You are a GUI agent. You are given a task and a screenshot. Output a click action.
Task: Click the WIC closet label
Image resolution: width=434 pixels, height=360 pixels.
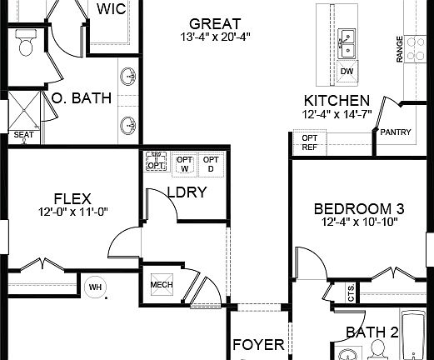(x=113, y=9)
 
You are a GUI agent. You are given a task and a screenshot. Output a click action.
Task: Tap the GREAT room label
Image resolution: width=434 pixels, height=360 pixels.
(x=214, y=23)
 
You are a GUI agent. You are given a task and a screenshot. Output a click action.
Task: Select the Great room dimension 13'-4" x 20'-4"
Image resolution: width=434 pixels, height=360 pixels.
(x=214, y=37)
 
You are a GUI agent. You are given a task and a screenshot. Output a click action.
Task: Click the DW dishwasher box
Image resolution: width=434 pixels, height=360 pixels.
(x=347, y=72)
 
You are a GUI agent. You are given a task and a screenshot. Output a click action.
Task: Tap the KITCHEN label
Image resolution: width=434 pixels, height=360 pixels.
(x=337, y=100)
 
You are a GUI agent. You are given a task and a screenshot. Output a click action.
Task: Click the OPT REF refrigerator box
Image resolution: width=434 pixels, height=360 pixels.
(x=309, y=142)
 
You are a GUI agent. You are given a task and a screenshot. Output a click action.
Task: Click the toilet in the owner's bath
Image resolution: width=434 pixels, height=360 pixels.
(x=25, y=44)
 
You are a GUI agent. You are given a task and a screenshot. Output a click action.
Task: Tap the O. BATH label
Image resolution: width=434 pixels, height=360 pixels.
(x=82, y=98)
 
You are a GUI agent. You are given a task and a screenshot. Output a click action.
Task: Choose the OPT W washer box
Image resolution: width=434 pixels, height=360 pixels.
(x=184, y=164)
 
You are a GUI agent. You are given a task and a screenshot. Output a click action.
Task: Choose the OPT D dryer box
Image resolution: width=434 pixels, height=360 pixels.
(x=212, y=164)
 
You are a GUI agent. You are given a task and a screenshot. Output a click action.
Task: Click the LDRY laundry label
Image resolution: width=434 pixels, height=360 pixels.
(x=187, y=192)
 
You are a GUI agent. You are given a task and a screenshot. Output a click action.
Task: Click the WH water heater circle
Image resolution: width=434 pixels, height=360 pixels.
(x=94, y=287)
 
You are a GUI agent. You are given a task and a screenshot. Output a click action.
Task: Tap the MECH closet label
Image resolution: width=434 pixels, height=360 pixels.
(x=160, y=286)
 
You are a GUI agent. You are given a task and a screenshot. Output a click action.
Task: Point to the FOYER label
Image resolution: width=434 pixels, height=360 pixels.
(x=258, y=345)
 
